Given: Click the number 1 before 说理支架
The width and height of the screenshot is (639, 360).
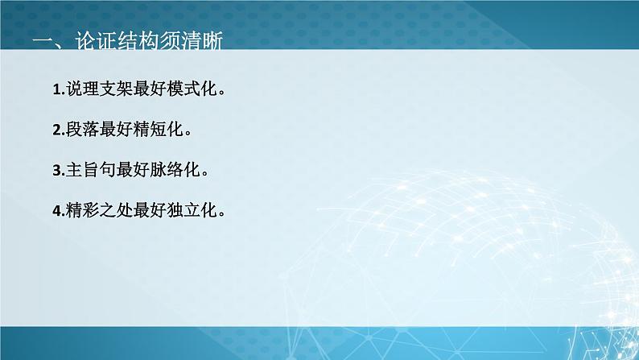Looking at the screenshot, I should [56, 89].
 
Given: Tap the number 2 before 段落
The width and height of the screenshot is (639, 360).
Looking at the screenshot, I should [56, 129].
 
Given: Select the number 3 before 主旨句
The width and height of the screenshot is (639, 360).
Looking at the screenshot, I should [56, 170].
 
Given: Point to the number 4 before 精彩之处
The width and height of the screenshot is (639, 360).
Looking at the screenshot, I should [56, 211].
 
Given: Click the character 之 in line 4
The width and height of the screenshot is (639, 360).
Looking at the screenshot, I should [110, 211].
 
